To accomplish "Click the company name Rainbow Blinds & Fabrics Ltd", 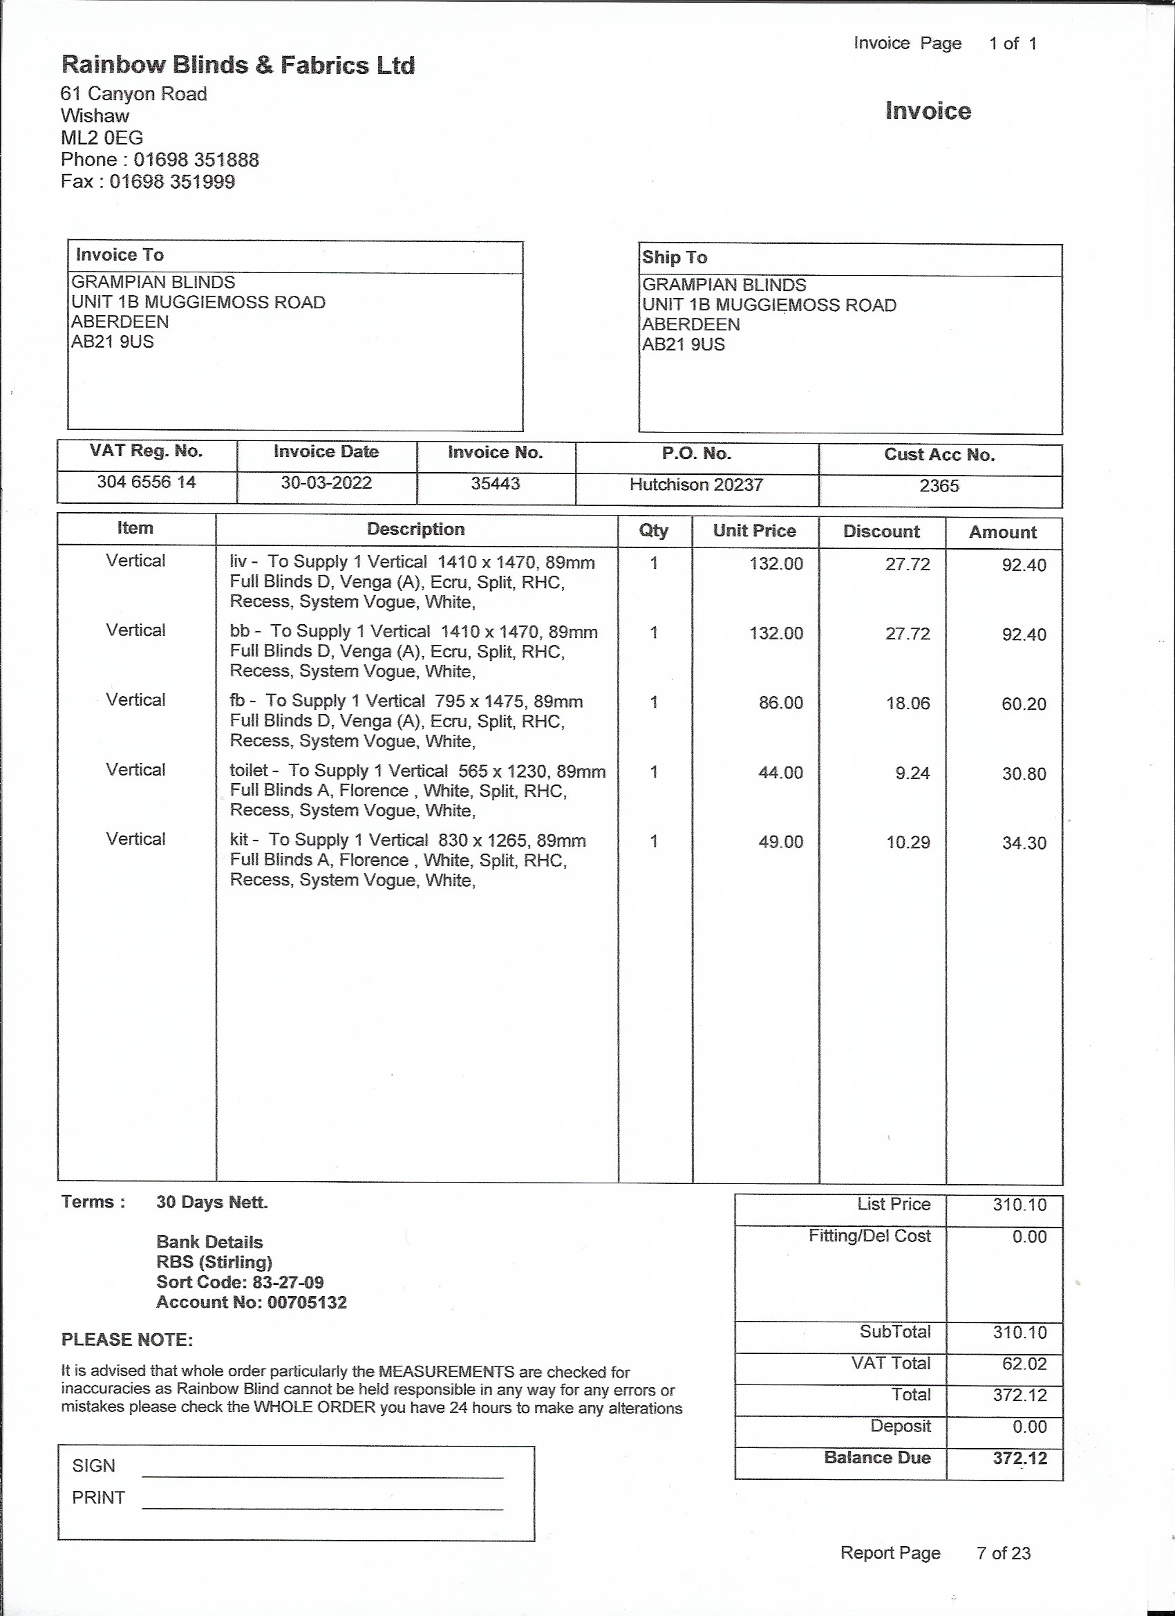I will (x=238, y=66).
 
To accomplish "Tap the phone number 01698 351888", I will (x=196, y=160).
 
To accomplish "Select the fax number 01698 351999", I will (x=171, y=182).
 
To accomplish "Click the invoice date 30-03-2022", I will (x=326, y=483).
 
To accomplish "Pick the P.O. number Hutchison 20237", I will (x=696, y=485).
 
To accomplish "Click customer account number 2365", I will (x=939, y=486).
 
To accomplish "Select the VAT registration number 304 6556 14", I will (x=146, y=482).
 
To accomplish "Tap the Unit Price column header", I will (x=754, y=531).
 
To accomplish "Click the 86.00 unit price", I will (x=780, y=703).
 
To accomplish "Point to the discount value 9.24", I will (x=912, y=773).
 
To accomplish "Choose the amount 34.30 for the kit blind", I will (x=1024, y=843).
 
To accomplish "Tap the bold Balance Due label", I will (x=877, y=1458).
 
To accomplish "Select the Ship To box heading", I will (x=674, y=258).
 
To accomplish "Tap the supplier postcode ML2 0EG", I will (x=102, y=138).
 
